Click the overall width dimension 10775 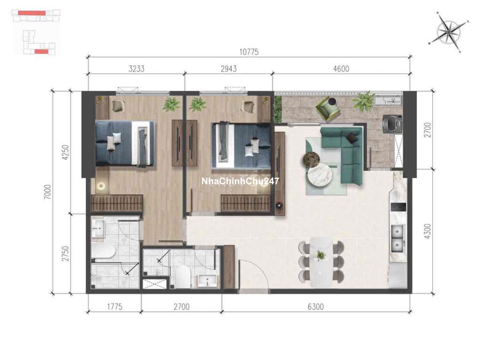pos(249,52)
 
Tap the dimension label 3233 pos(136,68)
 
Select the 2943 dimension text pos(229,68)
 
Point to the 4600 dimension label pos(341,68)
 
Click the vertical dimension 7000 pos(48,192)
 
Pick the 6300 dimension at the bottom pos(315,307)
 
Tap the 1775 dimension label pos(114,307)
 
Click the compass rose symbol pos(449,31)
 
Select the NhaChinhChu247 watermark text pos(240,181)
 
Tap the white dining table pos(321,262)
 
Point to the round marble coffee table pos(320,175)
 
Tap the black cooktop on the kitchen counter pos(398,207)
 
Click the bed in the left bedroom pos(125,143)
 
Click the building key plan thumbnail pos(36,32)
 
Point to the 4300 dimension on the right pos(428,231)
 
